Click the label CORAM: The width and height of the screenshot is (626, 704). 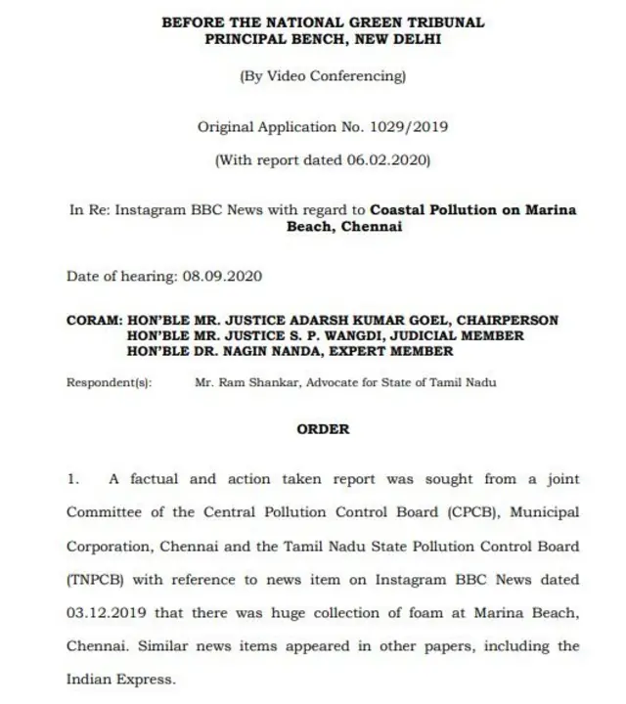coord(94,321)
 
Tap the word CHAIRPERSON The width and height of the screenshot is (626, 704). coord(515,321)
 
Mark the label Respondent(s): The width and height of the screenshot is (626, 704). coord(109,382)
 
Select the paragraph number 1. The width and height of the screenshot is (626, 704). coord(71,479)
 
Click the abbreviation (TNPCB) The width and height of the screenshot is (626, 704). coord(94,580)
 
